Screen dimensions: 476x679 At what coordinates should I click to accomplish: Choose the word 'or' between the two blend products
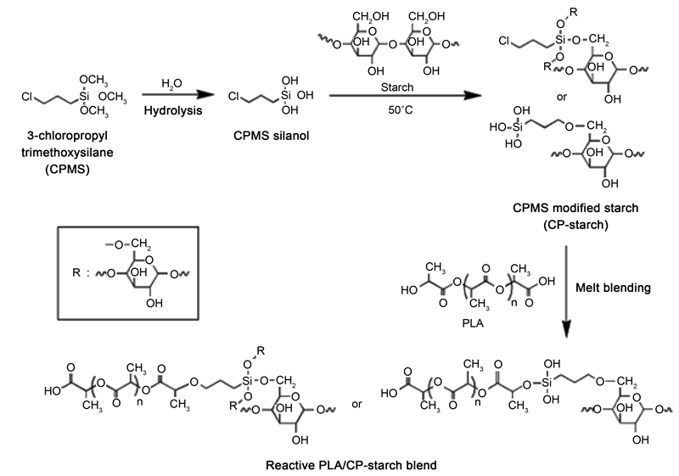point(357,404)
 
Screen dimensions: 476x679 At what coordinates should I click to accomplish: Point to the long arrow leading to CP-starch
point(394,97)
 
